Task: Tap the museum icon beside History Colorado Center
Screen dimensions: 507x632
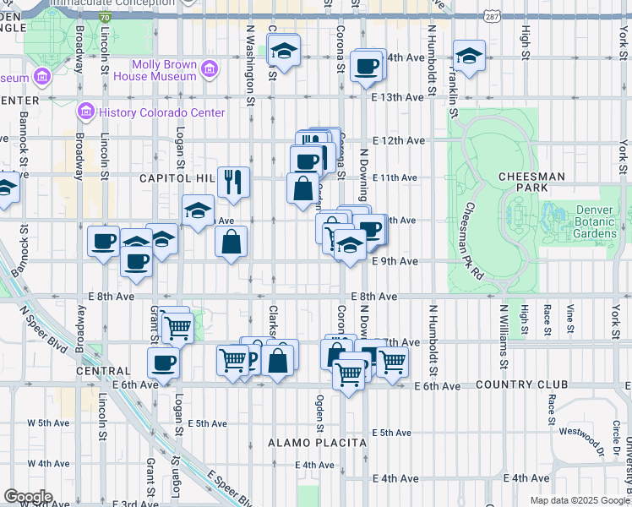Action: click(84, 112)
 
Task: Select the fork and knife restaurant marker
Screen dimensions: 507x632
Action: click(232, 181)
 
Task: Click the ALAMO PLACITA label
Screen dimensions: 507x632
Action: click(317, 443)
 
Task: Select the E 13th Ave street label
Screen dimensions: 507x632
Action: click(397, 97)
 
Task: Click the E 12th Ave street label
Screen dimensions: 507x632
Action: click(397, 140)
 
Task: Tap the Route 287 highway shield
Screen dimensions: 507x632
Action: click(491, 16)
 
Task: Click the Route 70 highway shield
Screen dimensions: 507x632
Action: click(104, 16)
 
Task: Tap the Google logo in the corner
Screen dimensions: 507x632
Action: click(29, 497)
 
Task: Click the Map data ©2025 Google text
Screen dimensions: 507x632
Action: click(579, 500)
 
